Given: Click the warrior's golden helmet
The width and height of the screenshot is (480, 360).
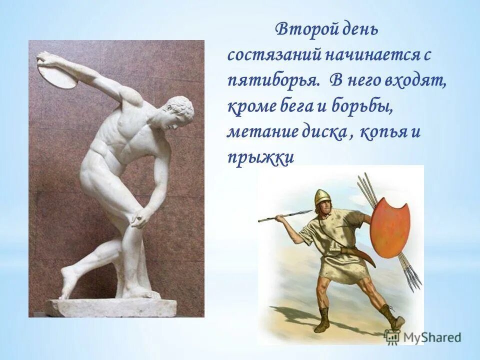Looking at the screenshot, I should (322, 197).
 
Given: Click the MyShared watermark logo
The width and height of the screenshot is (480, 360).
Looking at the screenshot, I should (422, 336).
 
